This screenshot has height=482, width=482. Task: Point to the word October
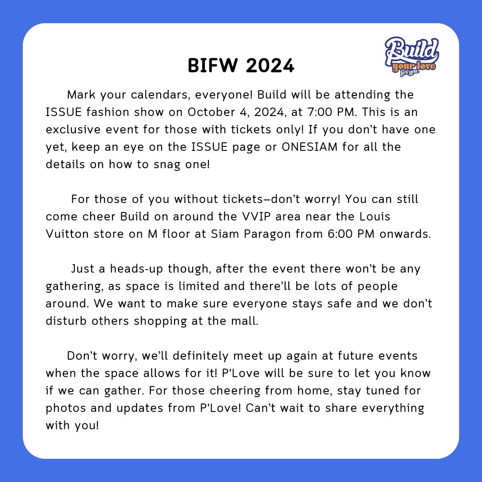coord(207,112)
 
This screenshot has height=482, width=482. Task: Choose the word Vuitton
coord(69,234)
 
